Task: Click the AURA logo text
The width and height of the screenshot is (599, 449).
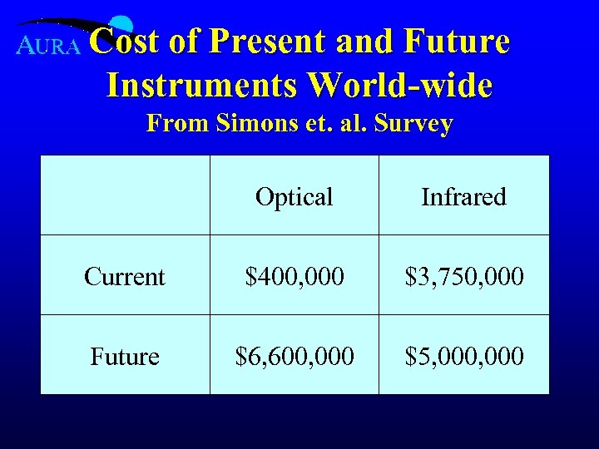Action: tap(49, 47)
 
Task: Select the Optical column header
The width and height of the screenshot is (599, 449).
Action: tap(294, 197)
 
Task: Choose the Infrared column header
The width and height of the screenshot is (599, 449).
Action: tap(463, 197)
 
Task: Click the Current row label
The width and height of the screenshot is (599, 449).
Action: tap(125, 276)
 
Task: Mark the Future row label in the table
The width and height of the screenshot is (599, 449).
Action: tap(125, 356)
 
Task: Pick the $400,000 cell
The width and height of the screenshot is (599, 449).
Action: tap(294, 276)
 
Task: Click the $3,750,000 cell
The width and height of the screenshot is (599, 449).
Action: tap(463, 276)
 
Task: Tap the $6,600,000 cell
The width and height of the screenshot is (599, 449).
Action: tap(294, 356)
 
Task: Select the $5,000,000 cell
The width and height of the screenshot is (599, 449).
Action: tap(463, 356)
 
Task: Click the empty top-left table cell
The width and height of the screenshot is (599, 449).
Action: tap(125, 195)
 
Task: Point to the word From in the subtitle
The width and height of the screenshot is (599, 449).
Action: tap(170, 124)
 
